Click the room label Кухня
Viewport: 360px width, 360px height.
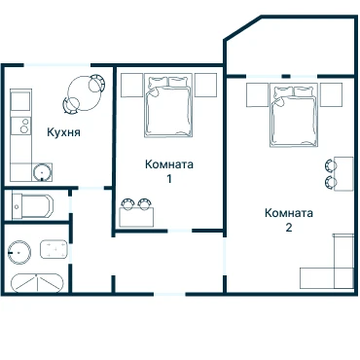[x=63, y=132]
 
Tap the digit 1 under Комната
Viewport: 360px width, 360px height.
[x=169, y=179]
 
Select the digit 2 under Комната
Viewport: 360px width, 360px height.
[x=289, y=228]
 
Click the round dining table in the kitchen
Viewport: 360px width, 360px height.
[x=84, y=93]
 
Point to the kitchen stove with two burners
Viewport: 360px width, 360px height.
[x=20, y=126]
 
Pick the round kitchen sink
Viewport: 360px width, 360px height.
[x=42, y=172]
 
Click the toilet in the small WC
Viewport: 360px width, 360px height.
[x=32, y=206]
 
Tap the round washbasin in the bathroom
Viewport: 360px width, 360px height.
[x=19, y=252]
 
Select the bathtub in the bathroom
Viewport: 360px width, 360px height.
[x=37, y=283]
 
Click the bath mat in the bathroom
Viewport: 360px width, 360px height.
[x=54, y=249]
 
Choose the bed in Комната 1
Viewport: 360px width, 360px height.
[x=168, y=107]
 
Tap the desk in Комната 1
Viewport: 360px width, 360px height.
[x=136, y=217]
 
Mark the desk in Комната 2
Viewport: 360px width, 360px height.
[x=343, y=174]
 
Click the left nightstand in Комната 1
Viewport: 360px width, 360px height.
[x=132, y=85]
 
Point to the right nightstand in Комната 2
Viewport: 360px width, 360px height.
[x=331, y=95]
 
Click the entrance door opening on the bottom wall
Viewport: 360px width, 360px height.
[x=169, y=294]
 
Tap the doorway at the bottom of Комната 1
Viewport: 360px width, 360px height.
[x=180, y=231]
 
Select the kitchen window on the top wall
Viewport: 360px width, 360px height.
[x=57, y=65]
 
